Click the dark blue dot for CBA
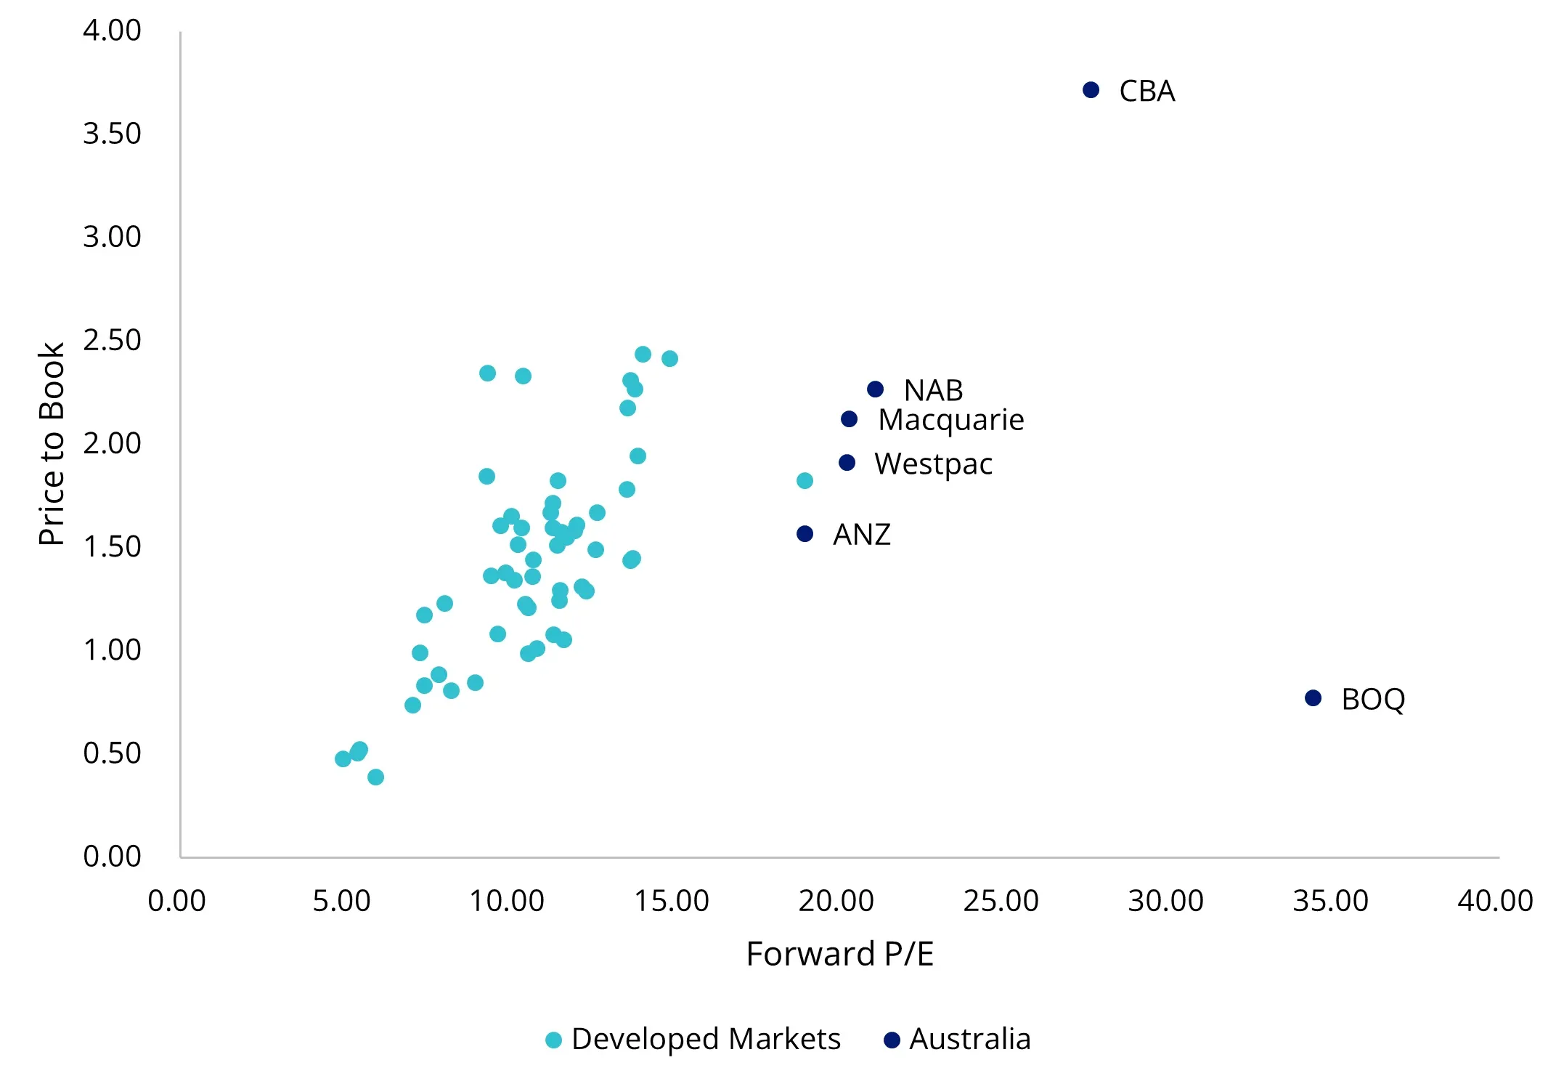1091,90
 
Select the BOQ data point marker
1313,698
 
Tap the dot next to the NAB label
876,389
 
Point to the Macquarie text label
950,421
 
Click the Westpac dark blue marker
847,463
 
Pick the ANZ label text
861,535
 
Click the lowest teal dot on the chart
375,777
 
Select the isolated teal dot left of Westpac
805,481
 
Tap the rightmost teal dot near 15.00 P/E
669,359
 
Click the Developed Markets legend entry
693,1040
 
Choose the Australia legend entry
958,1040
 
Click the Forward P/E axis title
839,954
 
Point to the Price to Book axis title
52,444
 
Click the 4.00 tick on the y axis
112,31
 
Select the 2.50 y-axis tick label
112,340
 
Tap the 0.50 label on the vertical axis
112,753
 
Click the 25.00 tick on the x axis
1001,902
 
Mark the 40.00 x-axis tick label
1495,902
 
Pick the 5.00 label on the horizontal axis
341,902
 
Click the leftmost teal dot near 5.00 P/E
343,759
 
